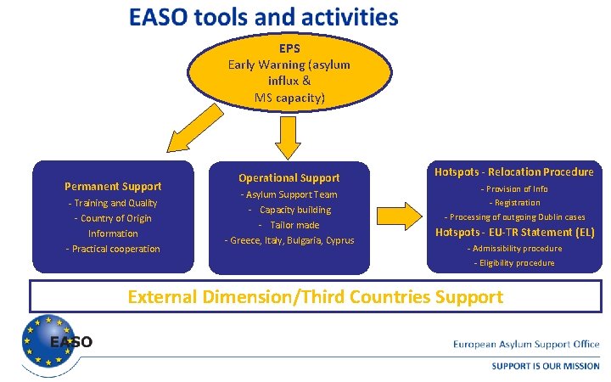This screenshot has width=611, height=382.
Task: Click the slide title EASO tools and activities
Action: [263, 17]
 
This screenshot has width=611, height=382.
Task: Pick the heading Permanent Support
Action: [113, 186]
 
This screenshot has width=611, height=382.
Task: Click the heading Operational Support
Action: [289, 177]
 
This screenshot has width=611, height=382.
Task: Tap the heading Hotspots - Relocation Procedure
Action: [514, 171]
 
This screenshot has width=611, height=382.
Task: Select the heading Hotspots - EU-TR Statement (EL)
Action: [514, 232]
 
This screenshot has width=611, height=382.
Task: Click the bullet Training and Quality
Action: [113, 203]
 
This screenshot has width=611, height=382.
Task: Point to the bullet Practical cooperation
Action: [113, 249]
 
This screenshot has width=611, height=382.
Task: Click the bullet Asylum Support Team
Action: [289, 194]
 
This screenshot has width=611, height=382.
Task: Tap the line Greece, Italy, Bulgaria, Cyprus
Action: [289, 240]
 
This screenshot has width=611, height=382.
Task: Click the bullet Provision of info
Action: [514, 189]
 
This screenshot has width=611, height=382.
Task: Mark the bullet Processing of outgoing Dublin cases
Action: [514, 217]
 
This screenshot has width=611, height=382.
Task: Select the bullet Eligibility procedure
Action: [514, 263]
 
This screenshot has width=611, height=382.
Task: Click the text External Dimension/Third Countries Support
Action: [315, 297]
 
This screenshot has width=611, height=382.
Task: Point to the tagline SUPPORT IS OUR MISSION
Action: [546, 366]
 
